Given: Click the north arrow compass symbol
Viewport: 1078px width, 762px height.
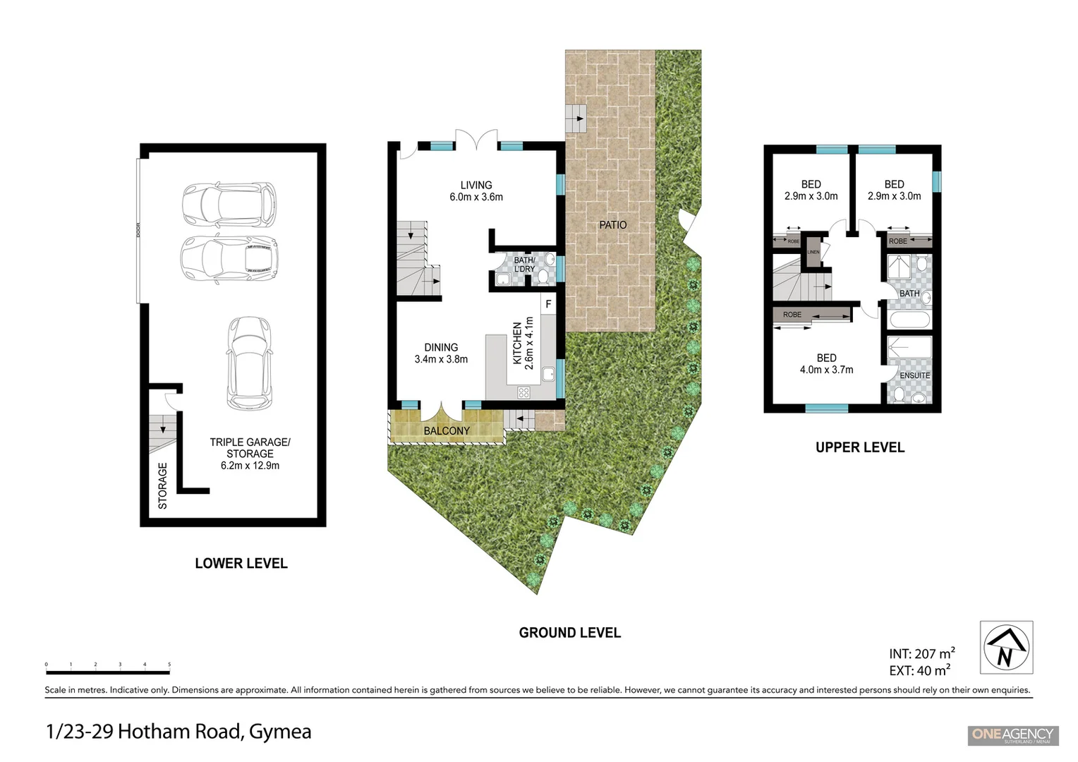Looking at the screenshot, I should point(1006,647).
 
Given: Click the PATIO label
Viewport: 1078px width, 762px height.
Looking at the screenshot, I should point(612,225).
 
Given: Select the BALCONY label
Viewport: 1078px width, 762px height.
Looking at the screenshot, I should point(446,431).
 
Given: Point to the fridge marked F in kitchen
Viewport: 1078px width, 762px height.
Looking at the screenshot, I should point(548,305).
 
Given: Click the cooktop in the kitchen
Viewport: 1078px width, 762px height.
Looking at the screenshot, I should point(524,392).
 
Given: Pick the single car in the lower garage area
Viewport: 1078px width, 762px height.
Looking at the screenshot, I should point(249,363).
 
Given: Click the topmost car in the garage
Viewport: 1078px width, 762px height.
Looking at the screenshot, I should point(229,205).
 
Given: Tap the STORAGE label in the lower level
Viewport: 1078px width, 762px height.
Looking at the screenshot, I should point(163,485).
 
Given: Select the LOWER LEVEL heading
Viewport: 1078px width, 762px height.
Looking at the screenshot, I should point(241,564).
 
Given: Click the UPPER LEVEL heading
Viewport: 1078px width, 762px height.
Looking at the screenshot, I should point(859,447).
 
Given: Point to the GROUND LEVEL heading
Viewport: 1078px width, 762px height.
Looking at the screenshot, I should point(569,633).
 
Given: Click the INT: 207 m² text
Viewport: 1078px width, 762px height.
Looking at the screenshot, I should point(921,653).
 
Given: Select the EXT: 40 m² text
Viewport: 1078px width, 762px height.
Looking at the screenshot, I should point(919,670).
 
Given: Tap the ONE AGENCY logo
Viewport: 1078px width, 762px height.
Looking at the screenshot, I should point(1011,734).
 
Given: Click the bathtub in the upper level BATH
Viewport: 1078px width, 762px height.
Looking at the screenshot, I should point(910,319).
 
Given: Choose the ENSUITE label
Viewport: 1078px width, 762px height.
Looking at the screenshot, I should point(914,375).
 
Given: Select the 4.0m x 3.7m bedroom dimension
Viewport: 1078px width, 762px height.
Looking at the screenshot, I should point(826,370).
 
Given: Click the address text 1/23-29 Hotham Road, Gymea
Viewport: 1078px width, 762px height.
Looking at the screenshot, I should point(178,732).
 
